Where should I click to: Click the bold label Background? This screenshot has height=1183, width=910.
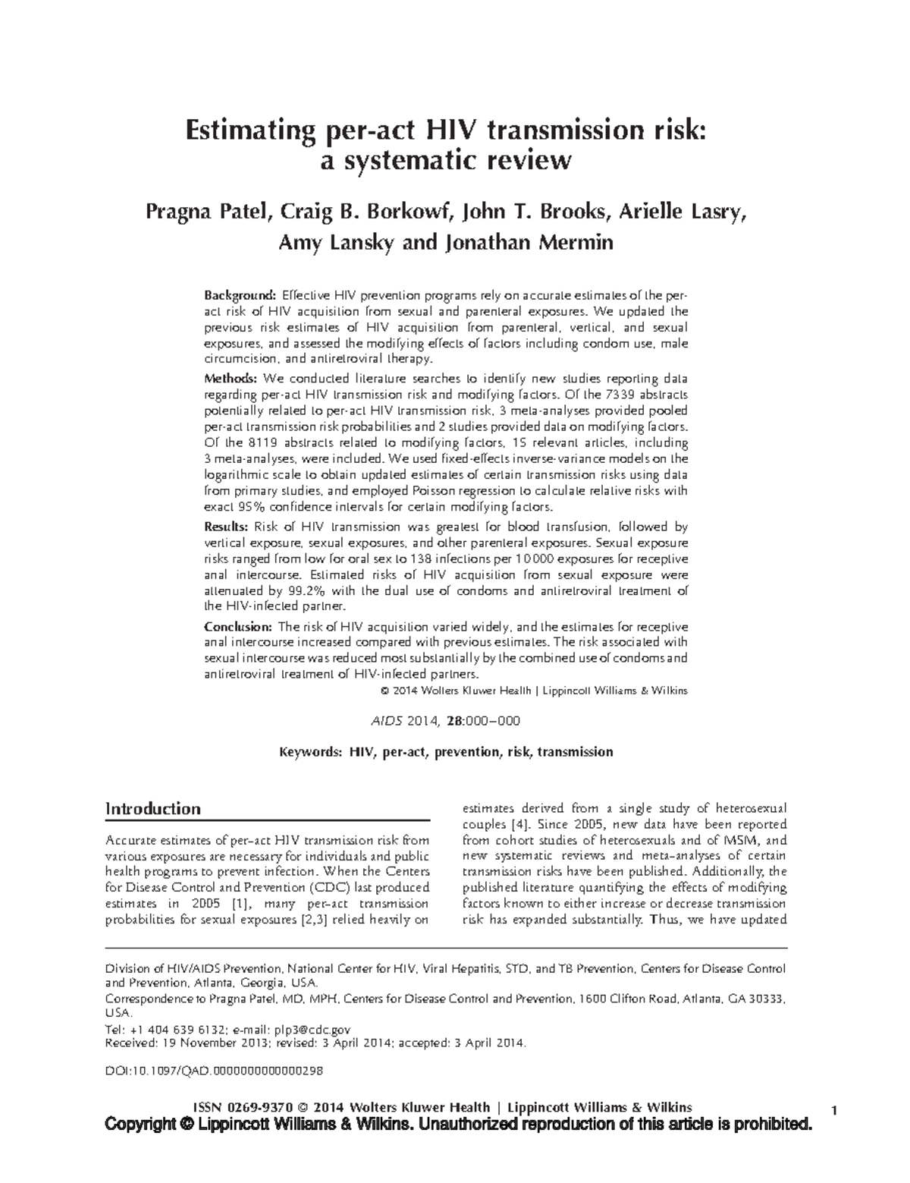(240, 295)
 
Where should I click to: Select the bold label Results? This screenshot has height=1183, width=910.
(227, 527)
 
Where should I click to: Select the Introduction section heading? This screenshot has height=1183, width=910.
(152, 809)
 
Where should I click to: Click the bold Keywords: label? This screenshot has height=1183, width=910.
(311, 752)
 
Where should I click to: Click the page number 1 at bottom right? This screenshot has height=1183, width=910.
(833, 1112)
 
